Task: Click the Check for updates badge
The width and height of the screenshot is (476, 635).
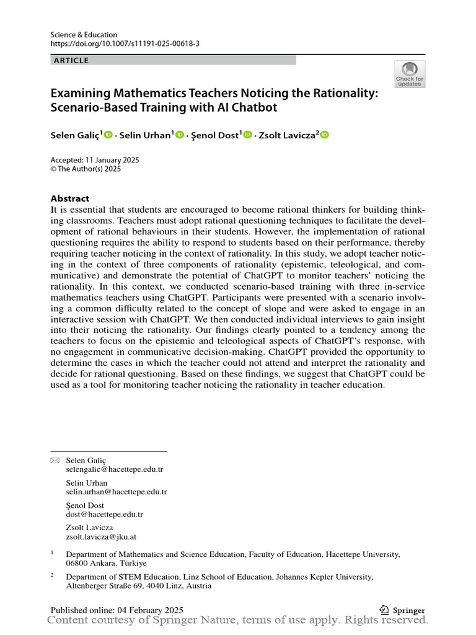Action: tap(410, 74)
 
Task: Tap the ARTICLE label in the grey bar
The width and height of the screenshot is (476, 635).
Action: tap(72, 60)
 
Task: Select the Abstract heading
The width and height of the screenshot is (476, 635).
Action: tap(69, 198)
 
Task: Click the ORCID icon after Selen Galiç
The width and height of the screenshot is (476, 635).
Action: tap(109, 135)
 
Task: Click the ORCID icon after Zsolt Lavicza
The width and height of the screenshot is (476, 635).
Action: tap(324, 135)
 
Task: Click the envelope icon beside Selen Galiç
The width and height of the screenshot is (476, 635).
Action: tap(55, 460)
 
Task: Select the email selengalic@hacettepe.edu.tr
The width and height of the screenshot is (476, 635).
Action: tap(115, 469)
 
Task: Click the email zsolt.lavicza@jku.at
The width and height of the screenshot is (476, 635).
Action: tap(102, 536)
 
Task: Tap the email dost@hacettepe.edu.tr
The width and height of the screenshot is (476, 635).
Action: tap(104, 514)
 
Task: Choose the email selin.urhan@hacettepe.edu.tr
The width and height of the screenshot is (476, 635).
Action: tap(117, 492)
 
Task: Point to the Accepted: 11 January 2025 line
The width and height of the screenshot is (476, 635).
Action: tap(94, 159)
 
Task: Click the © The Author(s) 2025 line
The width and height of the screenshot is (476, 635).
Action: tap(85, 169)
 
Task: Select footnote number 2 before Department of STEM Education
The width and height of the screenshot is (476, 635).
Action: tap(53, 575)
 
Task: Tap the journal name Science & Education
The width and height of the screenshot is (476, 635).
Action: tap(84, 35)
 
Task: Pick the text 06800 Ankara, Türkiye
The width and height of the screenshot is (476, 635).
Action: tap(106, 563)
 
